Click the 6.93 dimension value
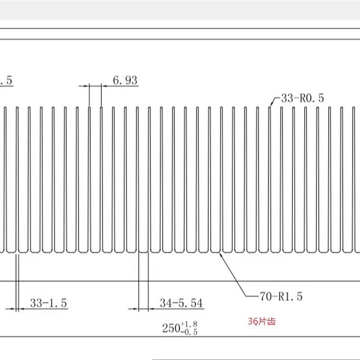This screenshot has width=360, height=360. pyautogui.click(x=125, y=81)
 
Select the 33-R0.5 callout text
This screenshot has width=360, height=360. pyautogui.click(x=302, y=98)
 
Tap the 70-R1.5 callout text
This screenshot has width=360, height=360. pyautogui.click(x=281, y=297)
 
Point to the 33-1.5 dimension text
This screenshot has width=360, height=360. pyautogui.click(x=49, y=303)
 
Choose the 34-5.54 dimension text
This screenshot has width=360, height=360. pyautogui.click(x=181, y=303)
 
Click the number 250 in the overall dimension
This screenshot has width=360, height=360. pyautogui.click(x=171, y=328)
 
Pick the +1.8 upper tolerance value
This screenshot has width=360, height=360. pyautogui.click(x=189, y=324)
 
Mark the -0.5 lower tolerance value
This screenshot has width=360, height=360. pyautogui.click(x=189, y=332)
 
